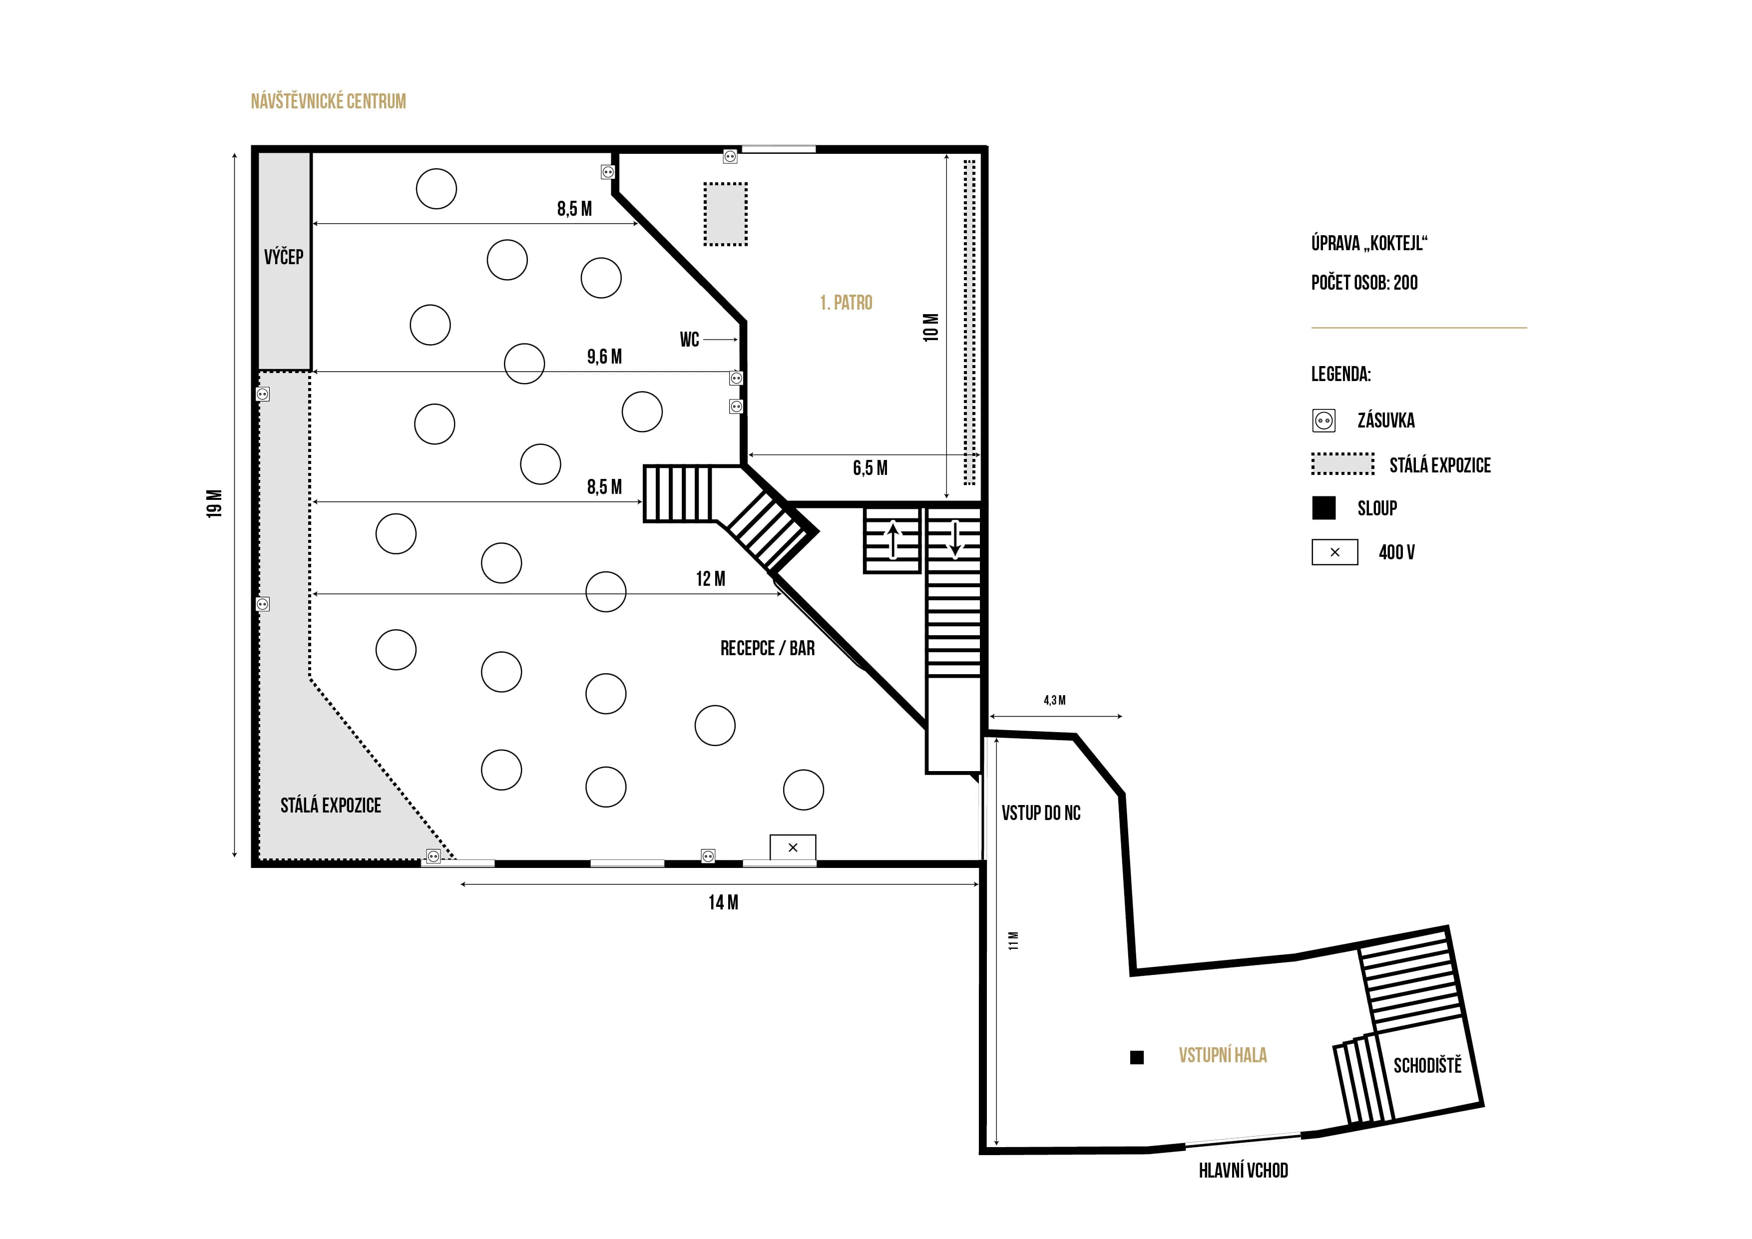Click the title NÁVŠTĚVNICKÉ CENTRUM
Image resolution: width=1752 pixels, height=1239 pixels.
(x=328, y=101)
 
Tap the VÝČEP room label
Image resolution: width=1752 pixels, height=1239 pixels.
(x=284, y=257)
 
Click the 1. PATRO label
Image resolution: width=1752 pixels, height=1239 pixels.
(x=846, y=303)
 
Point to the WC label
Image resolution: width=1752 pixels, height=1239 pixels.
(x=689, y=340)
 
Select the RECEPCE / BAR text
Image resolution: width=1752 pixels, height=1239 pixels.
(x=767, y=649)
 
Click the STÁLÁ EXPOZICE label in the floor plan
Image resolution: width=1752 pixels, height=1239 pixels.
(x=331, y=806)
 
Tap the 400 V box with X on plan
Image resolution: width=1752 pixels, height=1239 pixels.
(x=793, y=847)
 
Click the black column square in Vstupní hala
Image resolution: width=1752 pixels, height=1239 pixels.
(x=1136, y=1057)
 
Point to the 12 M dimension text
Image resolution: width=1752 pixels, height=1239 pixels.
(x=710, y=579)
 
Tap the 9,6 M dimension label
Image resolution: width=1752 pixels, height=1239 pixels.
(x=604, y=357)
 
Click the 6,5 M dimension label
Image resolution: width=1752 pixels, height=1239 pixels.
(x=870, y=468)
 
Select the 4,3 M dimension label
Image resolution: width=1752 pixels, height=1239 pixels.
(x=1055, y=700)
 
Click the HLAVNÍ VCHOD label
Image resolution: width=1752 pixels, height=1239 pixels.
(x=1243, y=1171)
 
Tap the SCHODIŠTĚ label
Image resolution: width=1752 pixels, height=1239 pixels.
(x=1427, y=1066)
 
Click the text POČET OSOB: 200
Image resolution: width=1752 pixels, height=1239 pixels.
(x=1364, y=283)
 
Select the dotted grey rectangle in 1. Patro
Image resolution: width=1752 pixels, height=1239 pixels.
(x=725, y=214)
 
